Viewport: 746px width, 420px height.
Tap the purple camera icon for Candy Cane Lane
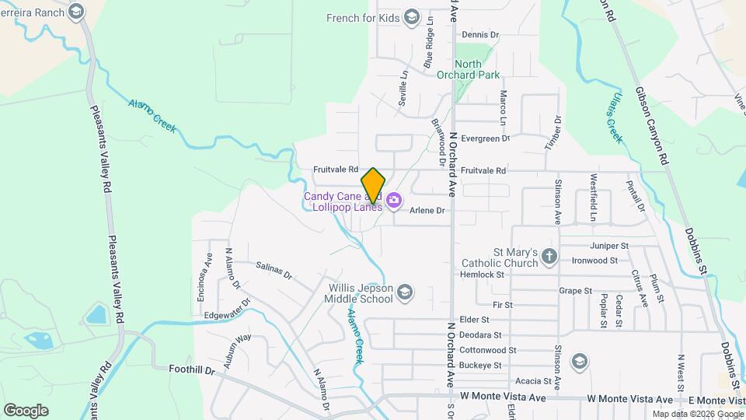(394, 201)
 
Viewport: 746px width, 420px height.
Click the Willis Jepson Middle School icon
(404, 292)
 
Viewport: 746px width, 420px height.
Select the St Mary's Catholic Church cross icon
(549, 256)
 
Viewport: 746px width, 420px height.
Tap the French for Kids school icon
(411, 18)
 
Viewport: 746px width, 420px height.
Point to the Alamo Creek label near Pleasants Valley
(152, 114)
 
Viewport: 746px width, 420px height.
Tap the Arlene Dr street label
(427, 211)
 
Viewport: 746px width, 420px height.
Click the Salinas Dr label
(274, 270)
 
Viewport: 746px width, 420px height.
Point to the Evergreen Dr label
(485, 138)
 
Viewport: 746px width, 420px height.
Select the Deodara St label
(481, 335)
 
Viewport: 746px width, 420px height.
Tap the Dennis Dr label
(479, 35)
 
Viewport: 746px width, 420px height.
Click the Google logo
(26, 411)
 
